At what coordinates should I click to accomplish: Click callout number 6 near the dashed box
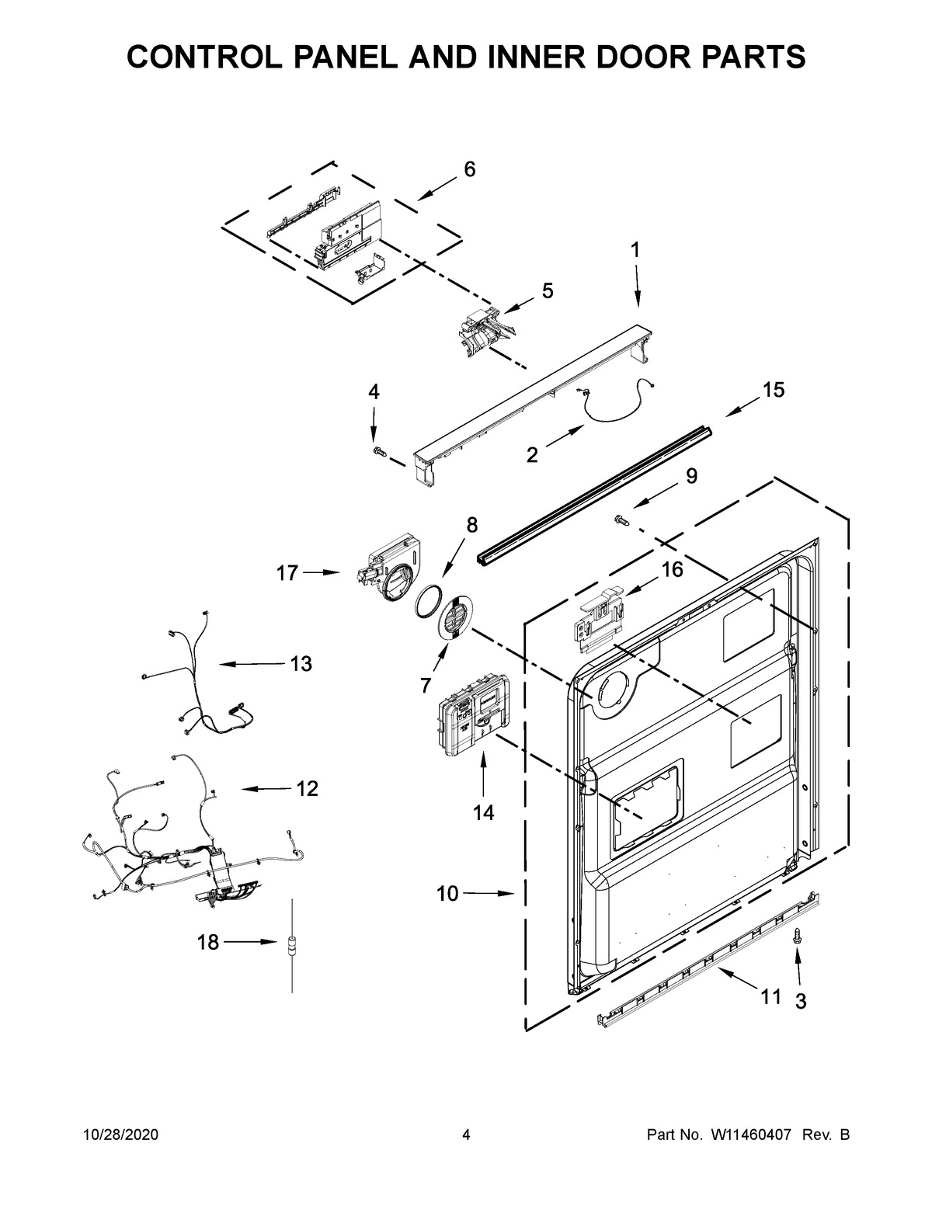click(469, 169)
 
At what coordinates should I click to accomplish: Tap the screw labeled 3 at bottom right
click(798, 938)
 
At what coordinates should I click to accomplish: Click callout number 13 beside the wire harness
click(301, 664)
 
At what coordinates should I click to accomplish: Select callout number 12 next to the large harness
click(307, 789)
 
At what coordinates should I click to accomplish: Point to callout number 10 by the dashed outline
click(447, 894)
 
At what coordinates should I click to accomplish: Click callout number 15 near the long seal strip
click(773, 390)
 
